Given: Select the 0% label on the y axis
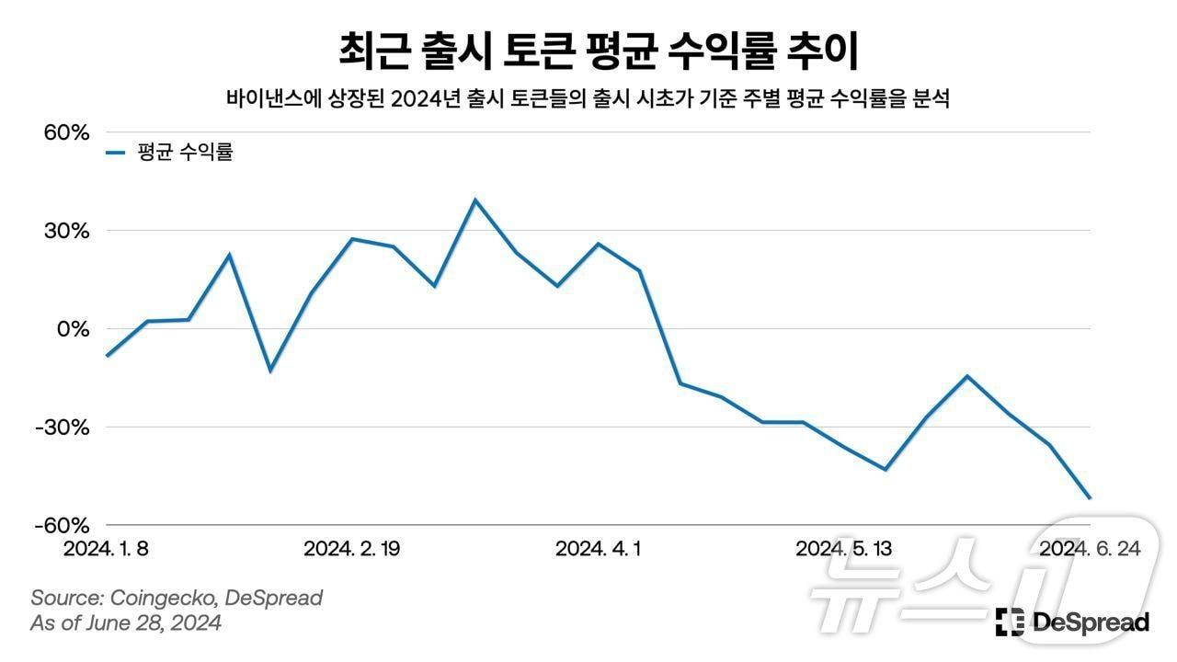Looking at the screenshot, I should pyautogui.click(x=74, y=329).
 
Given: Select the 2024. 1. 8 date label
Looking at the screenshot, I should pyautogui.click(x=106, y=549).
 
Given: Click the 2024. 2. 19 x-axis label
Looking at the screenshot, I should pyautogui.click(x=352, y=549).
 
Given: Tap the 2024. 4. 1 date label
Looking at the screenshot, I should pyautogui.click(x=599, y=549).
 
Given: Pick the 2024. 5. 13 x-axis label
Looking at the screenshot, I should pyautogui.click(x=843, y=549).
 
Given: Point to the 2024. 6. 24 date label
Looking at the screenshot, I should pyautogui.click(x=1090, y=549).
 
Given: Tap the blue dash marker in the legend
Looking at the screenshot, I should pyautogui.click(x=115, y=154).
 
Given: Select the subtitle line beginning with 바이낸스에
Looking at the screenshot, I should pyautogui.click(x=588, y=99).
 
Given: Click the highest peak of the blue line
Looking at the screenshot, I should pyautogui.click(x=475, y=200).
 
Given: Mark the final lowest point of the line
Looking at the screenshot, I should pyautogui.click(x=1090, y=498).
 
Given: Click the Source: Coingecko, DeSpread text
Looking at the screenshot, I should pyautogui.click(x=177, y=598).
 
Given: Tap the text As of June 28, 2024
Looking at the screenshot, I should pyautogui.click(x=126, y=623).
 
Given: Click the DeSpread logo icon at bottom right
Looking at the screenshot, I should pyautogui.click(x=1010, y=622).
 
